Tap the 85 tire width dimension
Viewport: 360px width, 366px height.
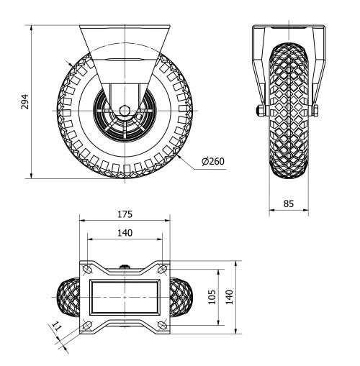click(x=289, y=203)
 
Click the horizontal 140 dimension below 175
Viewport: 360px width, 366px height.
click(x=125, y=233)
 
